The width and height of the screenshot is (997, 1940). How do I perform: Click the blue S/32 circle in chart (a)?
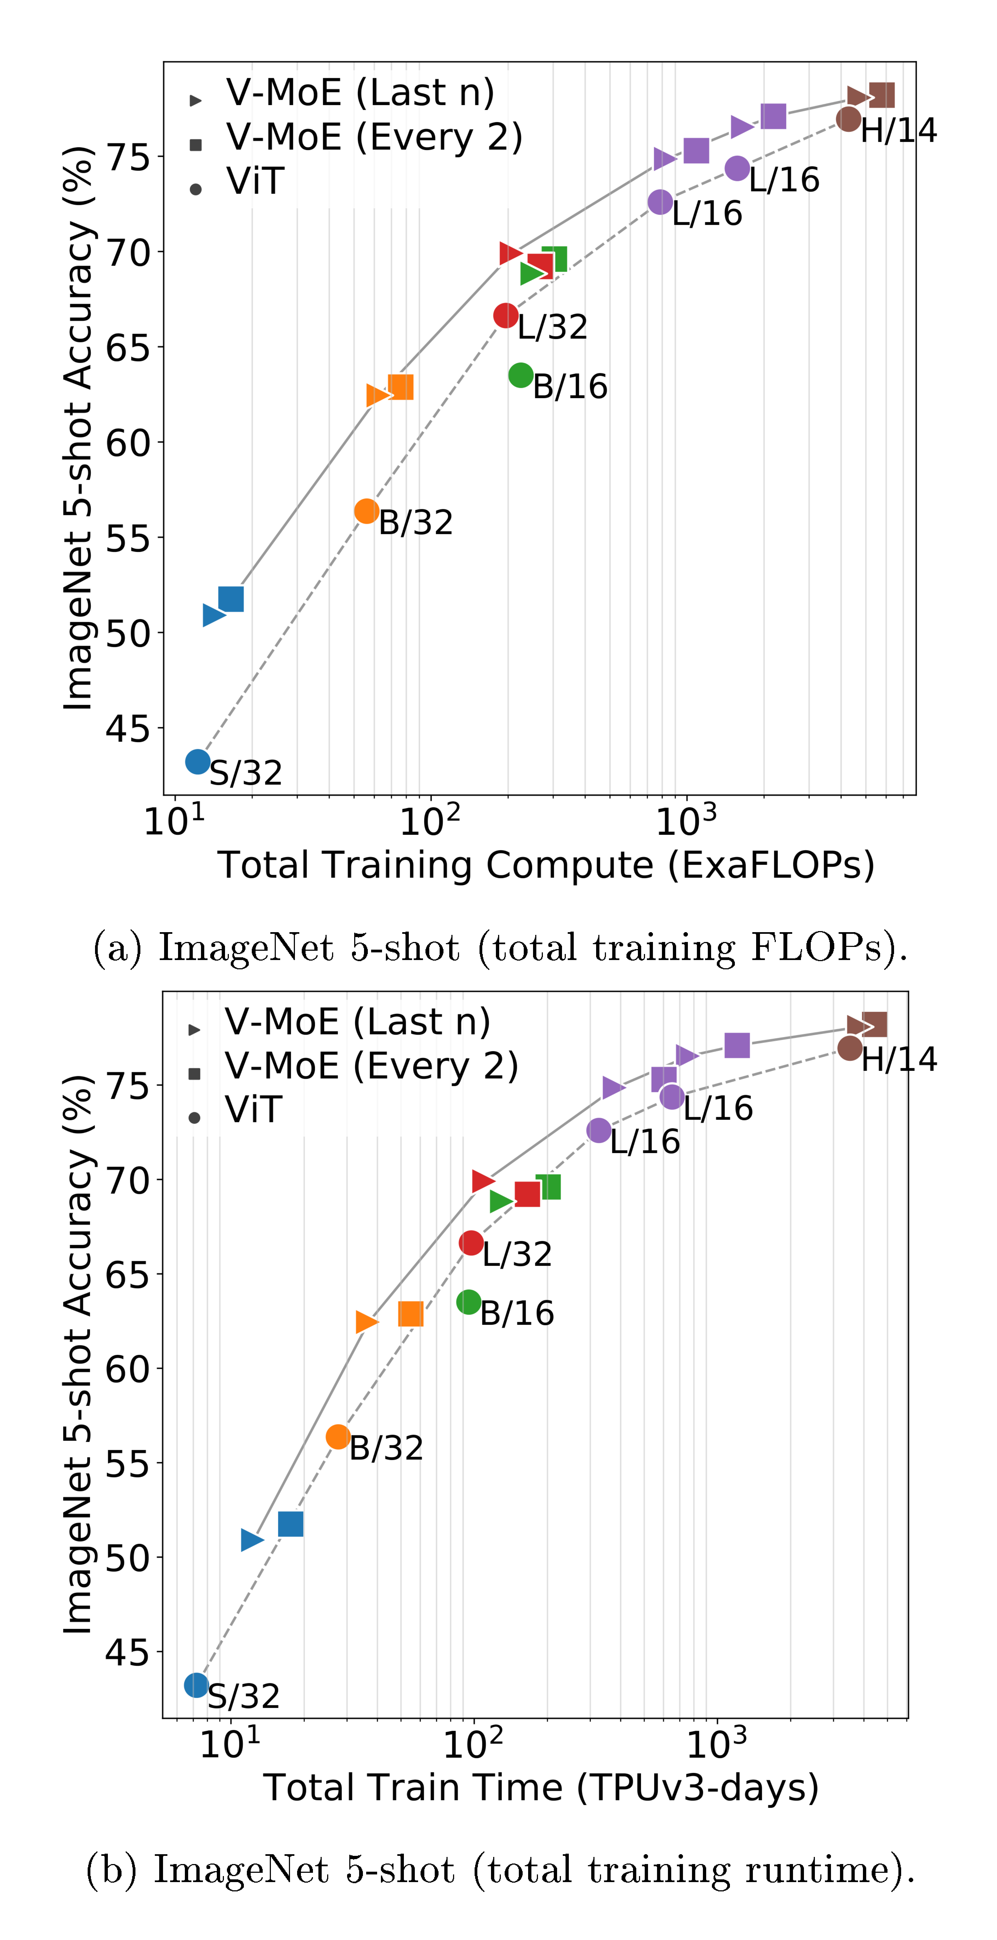tap(197, 761)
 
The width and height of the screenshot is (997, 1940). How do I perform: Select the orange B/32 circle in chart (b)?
tap(338, 1437)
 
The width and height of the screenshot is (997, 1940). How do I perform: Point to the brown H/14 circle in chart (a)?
tap(849, 119)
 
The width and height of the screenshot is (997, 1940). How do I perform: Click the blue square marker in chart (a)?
tap(231, 599)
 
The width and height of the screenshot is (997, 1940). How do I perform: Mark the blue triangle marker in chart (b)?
tap(252, 1540)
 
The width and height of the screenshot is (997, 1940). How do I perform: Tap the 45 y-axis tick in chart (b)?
tap(126, 1652)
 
